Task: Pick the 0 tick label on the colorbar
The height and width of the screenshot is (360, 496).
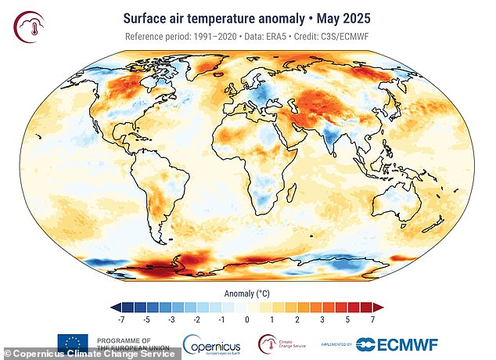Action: pyautogui.click(x=247, y=319)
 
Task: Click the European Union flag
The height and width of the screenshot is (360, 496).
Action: pyautogui.click(x=72, y=344)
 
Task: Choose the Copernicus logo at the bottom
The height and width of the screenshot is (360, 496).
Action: pyautogui.click(x=212, y=344)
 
